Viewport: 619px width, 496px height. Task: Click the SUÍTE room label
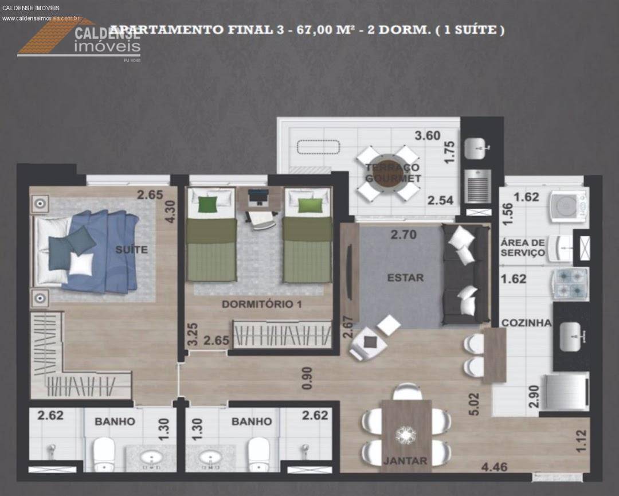click(x=131, y=249)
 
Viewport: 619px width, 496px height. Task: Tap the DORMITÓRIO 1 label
click(x=261, y=304)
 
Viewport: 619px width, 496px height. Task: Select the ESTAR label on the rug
click(x=405, y=278)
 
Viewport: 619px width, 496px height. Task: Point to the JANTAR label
click(x=405, y=460)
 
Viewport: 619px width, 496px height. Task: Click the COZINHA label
click(x=526, y=323)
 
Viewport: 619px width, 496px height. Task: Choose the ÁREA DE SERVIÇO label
click(x=522, y=248)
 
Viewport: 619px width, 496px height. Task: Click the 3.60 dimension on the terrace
click(x=428, y=136)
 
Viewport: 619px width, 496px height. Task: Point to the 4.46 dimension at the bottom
click(x=494, y=467)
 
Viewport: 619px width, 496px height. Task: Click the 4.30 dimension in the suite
click(x=170, y=210)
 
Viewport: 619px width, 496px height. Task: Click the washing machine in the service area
click(x=568, y=206)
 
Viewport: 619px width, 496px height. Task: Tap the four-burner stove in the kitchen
click(x=570, y=283)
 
